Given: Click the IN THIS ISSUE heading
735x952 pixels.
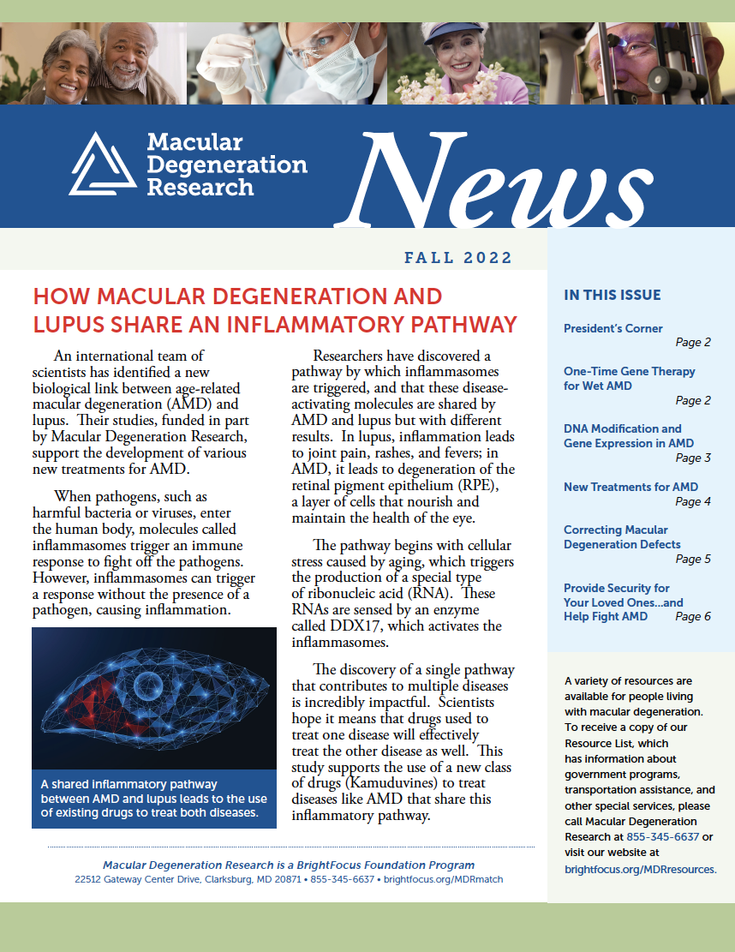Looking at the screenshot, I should [x=612, y=295].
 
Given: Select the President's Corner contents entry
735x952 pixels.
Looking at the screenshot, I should [x=612, y=328].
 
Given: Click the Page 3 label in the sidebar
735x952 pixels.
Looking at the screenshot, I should [x=693, y=458].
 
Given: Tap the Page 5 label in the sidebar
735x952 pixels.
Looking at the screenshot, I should [x=693, y=559].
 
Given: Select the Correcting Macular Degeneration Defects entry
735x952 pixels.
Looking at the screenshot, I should [x=622, y=536].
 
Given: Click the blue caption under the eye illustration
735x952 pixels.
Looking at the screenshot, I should [x=153, y=798].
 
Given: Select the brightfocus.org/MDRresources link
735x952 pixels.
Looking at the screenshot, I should [x=640, y=868].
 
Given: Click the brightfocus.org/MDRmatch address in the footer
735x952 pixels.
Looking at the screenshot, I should [x=443, y=879].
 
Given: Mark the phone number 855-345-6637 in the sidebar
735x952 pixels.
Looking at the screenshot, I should [x=662, y=837].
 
